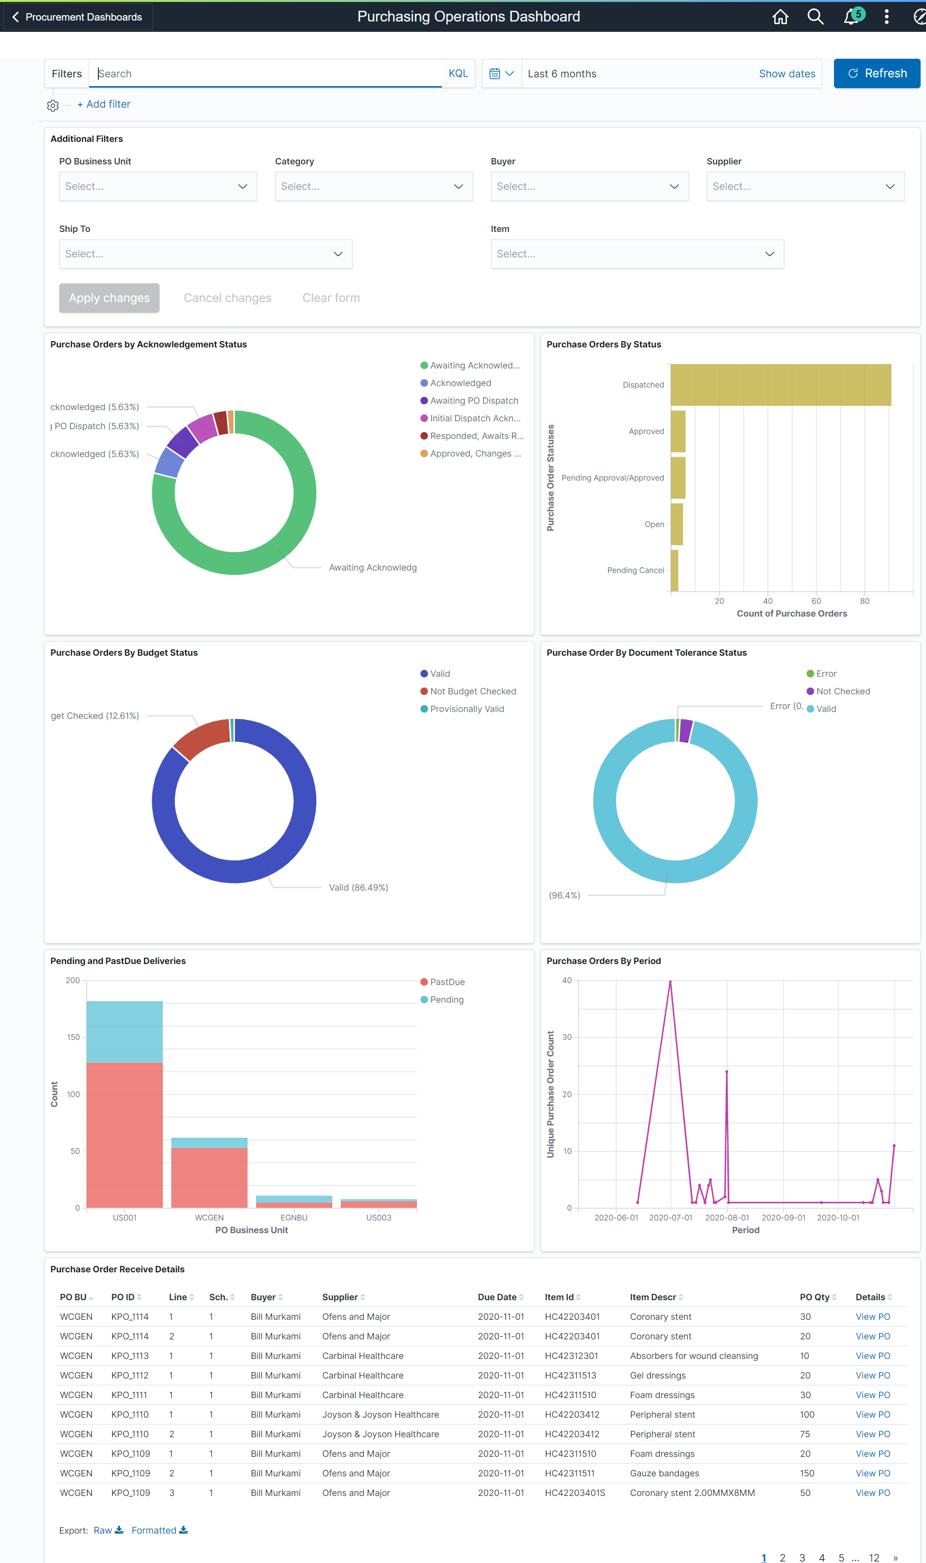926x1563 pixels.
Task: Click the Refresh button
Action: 876,73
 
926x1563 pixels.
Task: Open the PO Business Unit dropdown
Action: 158,186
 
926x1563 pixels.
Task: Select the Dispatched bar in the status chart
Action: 780,385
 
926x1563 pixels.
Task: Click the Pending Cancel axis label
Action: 635,570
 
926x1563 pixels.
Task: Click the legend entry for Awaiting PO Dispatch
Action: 474,400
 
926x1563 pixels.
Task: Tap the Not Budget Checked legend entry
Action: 472,691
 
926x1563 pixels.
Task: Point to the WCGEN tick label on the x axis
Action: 209,1217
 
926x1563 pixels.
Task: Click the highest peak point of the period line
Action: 670,981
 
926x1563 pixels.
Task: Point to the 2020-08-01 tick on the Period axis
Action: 726,1217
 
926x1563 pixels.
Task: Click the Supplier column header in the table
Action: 340,1297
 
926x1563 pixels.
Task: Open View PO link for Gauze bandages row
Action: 872,1472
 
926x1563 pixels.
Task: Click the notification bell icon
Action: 851,17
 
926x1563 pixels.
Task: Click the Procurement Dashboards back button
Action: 78,17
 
